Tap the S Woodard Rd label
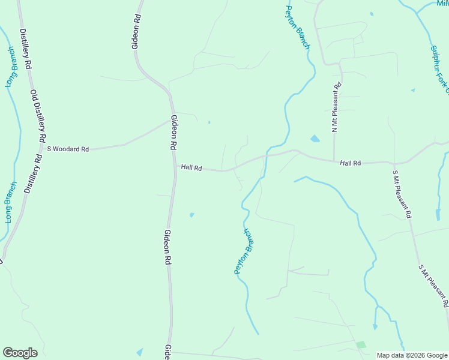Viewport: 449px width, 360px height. tap(68, 148)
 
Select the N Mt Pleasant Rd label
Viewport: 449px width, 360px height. tap(336, 107)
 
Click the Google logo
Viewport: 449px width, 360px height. tap(20, 353)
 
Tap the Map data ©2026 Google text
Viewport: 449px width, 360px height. tap(412, 355)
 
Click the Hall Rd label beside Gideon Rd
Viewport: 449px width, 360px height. tap(191, 169)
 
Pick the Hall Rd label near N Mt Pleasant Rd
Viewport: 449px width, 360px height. tap(350, 163)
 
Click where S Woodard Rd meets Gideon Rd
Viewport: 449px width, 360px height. tap(171, 120)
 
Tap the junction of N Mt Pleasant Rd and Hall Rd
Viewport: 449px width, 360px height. tap(334, 161)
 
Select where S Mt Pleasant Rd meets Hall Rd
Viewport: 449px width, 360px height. tap(394, 163)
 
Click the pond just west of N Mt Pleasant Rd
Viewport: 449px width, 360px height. tap(315, 139)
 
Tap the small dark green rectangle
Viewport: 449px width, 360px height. tap(361, 345)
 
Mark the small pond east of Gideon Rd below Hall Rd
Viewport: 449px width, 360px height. tap(191, 215)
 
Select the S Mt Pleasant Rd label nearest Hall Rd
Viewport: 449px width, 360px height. tap(402, 194)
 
